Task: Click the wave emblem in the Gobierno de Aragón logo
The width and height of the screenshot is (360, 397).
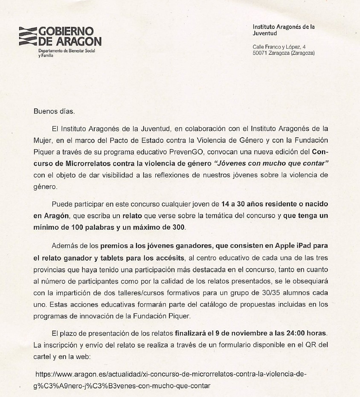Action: pos(29,36)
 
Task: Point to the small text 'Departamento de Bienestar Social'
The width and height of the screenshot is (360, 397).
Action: pos(66,51)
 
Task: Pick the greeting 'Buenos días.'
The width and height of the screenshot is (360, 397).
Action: pos(54,111)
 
